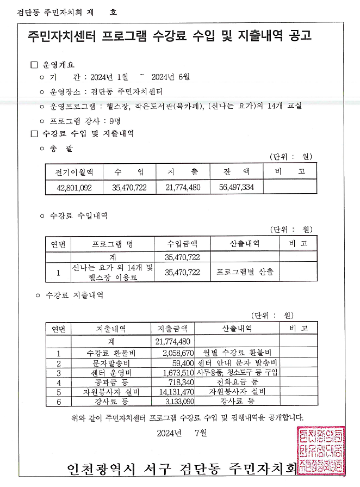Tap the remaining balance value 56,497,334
coord(236,187)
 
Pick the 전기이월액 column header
coord(74,172)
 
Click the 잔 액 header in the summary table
coord(236,172)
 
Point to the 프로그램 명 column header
coord(113,244)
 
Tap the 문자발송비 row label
coord(111,363)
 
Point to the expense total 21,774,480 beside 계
coord(172,341)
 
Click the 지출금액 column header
coord(172,329)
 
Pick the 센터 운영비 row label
coord(111,373)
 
